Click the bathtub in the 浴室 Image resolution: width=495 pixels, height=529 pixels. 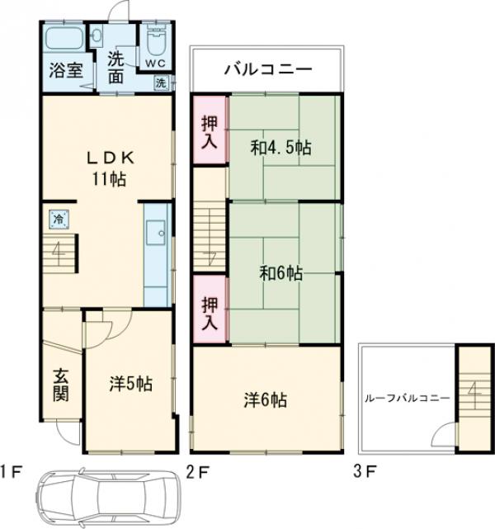click(x=65, y=38)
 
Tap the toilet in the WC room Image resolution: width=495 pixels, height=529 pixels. click(x=156, y=42)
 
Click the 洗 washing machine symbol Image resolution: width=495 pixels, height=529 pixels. click(x=161, y=83)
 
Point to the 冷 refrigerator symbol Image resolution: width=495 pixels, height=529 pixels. click(x=59, y=220)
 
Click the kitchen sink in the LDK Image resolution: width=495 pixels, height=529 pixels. click(x=155, y=233)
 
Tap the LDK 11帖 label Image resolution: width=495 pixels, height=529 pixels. click(x=110, y=168)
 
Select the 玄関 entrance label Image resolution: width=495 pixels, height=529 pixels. click(x=61, y=385)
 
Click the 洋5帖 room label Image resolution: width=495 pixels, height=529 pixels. click(x=130, y=384)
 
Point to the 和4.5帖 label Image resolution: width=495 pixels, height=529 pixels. click(x=280, y=148)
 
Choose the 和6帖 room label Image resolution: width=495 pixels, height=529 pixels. click(x=280, y=273)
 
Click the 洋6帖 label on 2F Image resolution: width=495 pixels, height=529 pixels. click(x=266, y=399)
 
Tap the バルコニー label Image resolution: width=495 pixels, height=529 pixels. click(x=268, y=69)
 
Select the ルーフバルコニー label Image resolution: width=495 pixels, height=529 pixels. click(x=408, y=398)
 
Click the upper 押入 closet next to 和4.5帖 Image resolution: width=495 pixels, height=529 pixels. click(x=210, y=130)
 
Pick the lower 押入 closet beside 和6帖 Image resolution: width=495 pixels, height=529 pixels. click(x=210, y=309)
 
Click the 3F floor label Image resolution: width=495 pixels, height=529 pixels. click(x=364, y=471)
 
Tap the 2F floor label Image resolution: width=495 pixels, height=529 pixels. click(x=198, y=472)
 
